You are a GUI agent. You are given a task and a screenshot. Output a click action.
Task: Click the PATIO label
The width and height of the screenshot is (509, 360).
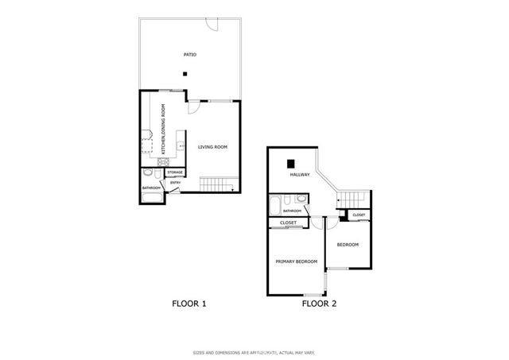tap(188, 55)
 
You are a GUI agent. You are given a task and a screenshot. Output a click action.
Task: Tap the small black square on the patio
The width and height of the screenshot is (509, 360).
tap(185, 75)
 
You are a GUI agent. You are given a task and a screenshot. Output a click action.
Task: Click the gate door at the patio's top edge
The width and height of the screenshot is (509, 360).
tap(210, 26)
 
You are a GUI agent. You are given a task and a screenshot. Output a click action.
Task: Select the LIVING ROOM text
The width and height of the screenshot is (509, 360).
tap(212, 146)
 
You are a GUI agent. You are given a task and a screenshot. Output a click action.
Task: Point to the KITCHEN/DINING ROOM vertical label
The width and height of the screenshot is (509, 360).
tap(163, 128)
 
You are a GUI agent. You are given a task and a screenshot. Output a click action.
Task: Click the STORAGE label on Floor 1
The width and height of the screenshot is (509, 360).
tap(175, 172)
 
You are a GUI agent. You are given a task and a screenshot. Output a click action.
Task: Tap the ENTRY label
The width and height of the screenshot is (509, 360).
tap(175, 183)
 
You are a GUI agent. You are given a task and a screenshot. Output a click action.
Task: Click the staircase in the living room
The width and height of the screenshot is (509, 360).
tap(217, 185)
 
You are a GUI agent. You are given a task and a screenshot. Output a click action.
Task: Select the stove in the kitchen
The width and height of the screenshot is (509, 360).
tap(164, 161)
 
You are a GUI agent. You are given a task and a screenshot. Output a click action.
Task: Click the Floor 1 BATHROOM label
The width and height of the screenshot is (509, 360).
tap(151, 188)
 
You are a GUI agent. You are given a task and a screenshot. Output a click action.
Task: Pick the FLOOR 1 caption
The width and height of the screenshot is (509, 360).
tap(189, 304)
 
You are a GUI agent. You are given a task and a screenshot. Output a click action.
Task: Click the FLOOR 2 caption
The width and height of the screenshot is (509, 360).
tap(320, 304)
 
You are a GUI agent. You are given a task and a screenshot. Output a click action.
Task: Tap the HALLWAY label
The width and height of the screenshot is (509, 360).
tap(300, 175)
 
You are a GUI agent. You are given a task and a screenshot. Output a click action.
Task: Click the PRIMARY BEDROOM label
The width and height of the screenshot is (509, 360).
tap(297, 261)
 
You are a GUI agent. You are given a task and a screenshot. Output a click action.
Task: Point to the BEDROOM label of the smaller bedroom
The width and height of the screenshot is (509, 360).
tap(348, 245)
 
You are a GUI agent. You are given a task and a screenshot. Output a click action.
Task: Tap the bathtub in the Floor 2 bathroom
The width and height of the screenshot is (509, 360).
tap(274, 204)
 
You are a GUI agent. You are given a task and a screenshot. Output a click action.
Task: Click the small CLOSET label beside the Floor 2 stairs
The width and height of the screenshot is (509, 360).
tap(359, 215)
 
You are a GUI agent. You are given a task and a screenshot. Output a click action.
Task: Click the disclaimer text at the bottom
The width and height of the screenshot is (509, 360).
tap(254, 352)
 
